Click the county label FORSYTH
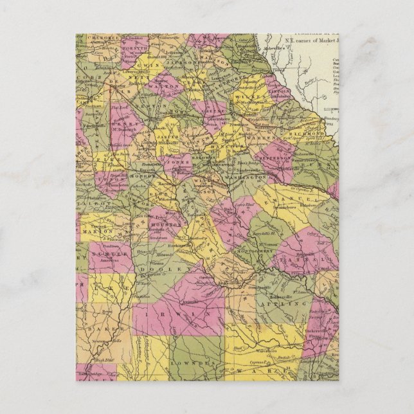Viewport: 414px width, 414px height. tap(133, 46)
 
